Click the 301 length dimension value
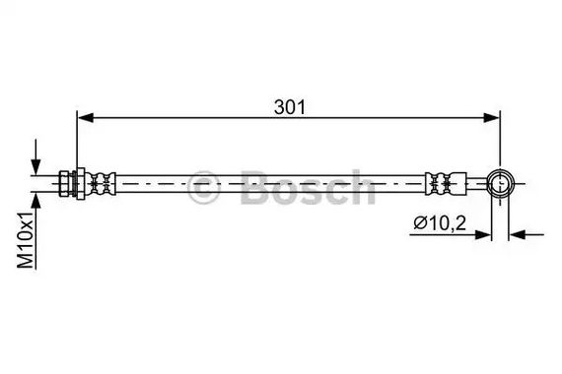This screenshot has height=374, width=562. tap(290, 107)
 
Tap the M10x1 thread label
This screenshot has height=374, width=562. tap(26, 239)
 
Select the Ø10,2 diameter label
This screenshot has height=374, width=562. tap(440, 223)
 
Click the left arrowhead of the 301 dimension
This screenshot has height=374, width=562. tap(86, 117)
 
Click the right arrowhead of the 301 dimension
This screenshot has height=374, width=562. tap(491, 117)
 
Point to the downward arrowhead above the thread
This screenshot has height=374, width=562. tap(35, 166)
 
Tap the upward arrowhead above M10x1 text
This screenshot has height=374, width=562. tap(35, 201)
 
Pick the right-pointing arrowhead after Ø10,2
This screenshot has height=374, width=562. tap(483, 235)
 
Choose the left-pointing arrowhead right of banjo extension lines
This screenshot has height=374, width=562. tap(517, 235)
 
